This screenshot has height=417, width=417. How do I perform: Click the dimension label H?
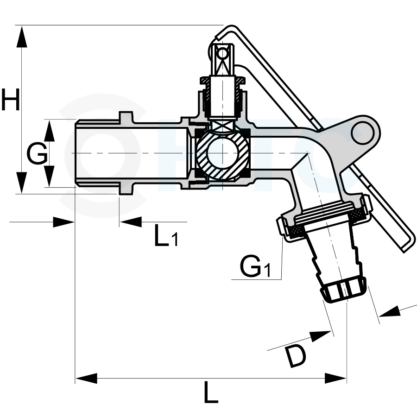10,100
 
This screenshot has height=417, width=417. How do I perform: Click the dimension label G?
37,154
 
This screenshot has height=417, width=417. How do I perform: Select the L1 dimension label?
165,237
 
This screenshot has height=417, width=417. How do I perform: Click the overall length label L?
211,395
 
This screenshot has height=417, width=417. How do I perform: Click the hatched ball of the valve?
222,153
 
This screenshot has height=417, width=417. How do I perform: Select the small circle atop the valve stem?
223,54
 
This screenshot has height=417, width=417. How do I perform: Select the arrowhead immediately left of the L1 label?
130,221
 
